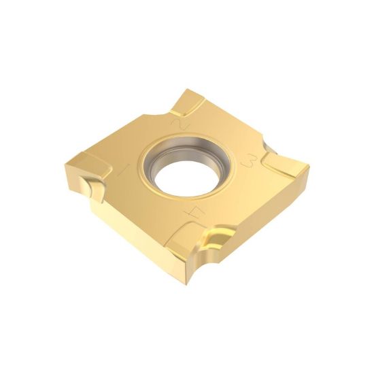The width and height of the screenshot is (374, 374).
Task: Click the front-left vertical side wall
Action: click(129, 224)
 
